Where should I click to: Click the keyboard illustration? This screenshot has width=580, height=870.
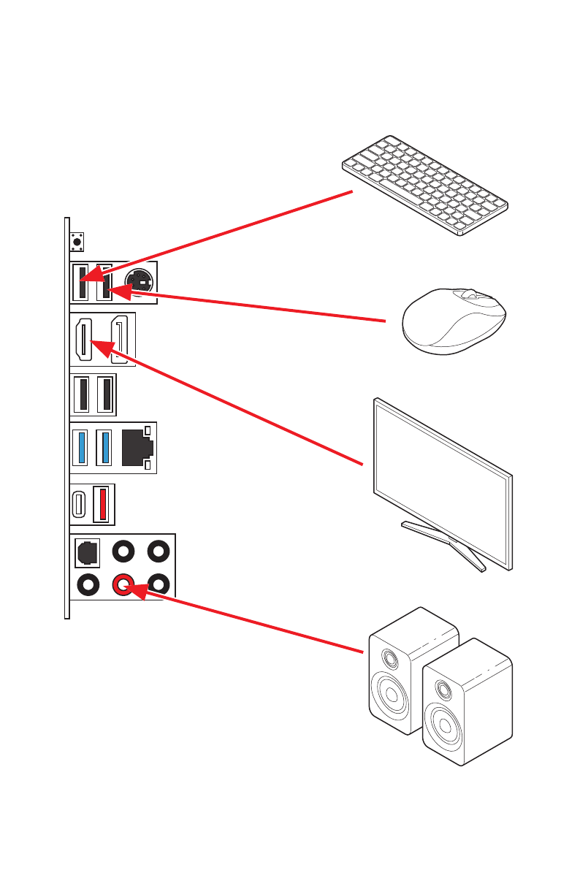pos(425,186)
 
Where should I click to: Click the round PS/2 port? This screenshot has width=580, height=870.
pos(139,283)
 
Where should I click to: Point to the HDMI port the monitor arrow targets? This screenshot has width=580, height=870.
pos(83,340)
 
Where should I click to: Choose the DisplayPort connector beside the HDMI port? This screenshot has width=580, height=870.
pos(121,339)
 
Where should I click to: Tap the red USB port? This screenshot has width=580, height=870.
pos(103,505)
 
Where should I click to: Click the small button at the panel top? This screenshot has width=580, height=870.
pos(77,240)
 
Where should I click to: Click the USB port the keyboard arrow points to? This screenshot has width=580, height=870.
pos(80,283)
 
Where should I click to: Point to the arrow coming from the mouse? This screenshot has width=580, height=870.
pos(256,306)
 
